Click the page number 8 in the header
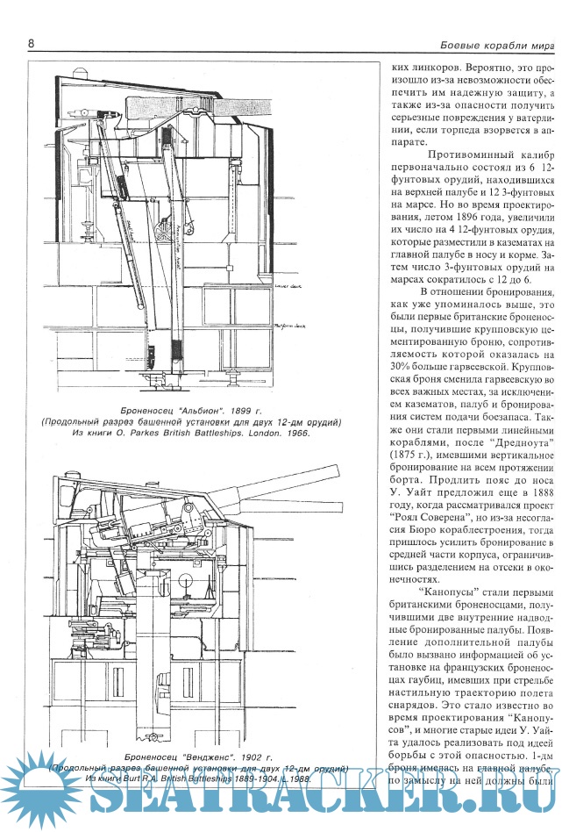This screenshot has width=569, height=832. [32, 43]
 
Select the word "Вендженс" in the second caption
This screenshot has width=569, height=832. [188, 756]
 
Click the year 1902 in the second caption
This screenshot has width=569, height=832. [250, 756]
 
